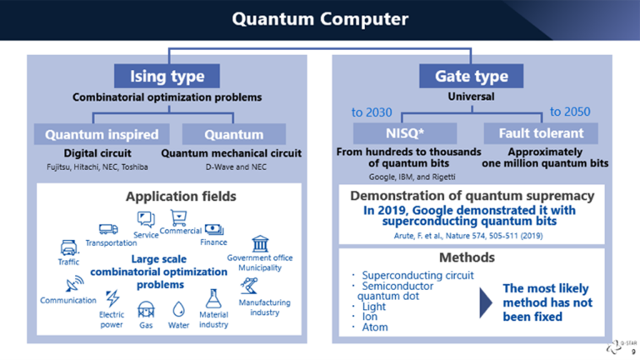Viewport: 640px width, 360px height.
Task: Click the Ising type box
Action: click(x=167, y=76)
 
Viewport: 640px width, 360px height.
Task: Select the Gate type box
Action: click(x=471, y=76)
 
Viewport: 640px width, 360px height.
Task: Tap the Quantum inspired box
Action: click(x=102, y=134)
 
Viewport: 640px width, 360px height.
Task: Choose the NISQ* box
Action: click(x=405, y=133)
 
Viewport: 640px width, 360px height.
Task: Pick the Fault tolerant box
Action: click(x=541, y=133)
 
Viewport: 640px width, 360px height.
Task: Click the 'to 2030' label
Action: click(x=372, y=112)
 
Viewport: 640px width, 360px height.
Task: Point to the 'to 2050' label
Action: click(x=570, y=112)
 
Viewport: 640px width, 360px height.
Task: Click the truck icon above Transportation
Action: click(x=108, y=229)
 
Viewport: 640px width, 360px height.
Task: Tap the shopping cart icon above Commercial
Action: click(x=179, y=218)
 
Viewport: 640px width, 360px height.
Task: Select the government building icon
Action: click(x=260, y=243)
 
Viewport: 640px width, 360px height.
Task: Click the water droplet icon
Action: click(x=178, y=309)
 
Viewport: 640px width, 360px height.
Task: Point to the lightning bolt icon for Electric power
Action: click(x=112, y=298)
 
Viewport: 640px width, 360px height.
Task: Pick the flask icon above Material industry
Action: click(x=213, y=298)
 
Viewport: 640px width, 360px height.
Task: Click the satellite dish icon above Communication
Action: click(x=74, y=283)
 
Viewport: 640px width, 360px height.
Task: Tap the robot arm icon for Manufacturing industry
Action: click(x=249, y=286)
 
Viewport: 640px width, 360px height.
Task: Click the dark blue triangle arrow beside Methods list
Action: click(x=485, y=302)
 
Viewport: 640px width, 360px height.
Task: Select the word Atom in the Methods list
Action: click(x=375, y=327)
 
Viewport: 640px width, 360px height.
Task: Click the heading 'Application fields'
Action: click(x=181, y=197)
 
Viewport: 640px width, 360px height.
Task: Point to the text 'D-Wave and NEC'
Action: click(x=236, y=167)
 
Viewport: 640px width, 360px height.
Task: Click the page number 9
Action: click(x=633, y=352)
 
